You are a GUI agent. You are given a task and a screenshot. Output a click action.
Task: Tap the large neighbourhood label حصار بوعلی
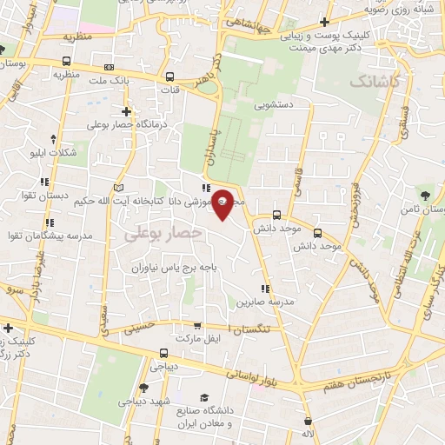[x=163, y=234]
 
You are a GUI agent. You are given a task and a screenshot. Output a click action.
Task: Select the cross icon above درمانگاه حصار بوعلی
[x=127, y=110]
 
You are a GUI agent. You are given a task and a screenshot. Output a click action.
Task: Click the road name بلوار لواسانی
[x=258, y=375]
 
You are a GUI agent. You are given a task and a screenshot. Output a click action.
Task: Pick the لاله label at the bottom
[x=307, y=433]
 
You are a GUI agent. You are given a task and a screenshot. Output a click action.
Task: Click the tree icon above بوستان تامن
[x=425, y=195]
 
